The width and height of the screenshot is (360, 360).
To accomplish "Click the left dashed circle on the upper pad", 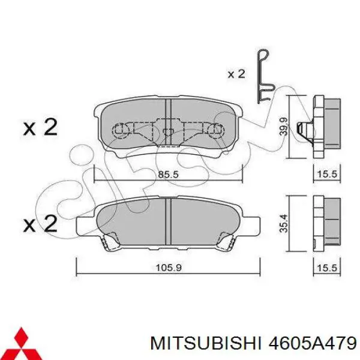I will [x=122, y=130].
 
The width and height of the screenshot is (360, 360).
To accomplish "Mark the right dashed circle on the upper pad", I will [x=214, y=130].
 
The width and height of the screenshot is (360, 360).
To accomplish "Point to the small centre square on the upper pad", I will [x=169, y=130].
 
